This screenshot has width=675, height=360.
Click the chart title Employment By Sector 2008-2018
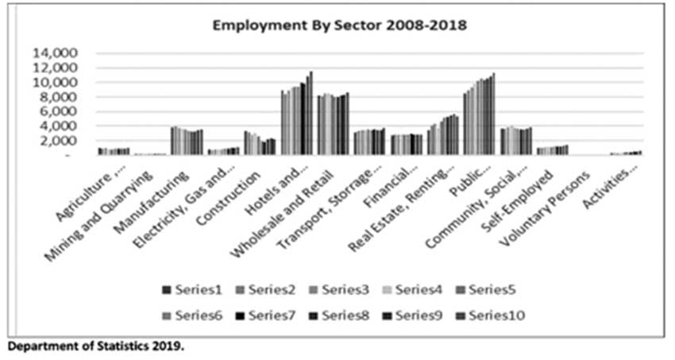(339, 25)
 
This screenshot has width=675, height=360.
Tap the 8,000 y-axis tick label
(60, 97)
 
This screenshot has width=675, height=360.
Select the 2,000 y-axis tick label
(60, 141)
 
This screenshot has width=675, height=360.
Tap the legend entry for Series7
(264, 315)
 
